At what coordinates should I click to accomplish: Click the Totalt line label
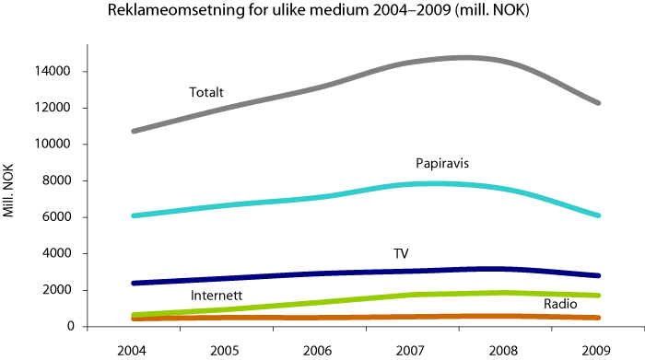pyautogui.click(x=206, y=92)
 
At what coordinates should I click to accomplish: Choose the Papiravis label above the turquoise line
pyautogui.click(x=443, y=164)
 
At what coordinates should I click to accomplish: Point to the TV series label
pyautogui.click(x=402, y=252)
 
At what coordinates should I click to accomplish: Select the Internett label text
pyautogui.click(x=217, y=296)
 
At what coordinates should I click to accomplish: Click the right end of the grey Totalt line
pyautogui.click(x=599, y=103)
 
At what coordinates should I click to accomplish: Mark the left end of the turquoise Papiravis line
pyautogui.click(x=135, y=215)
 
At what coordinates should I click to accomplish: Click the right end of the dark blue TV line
pyautogui.click(x=599, y=275)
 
